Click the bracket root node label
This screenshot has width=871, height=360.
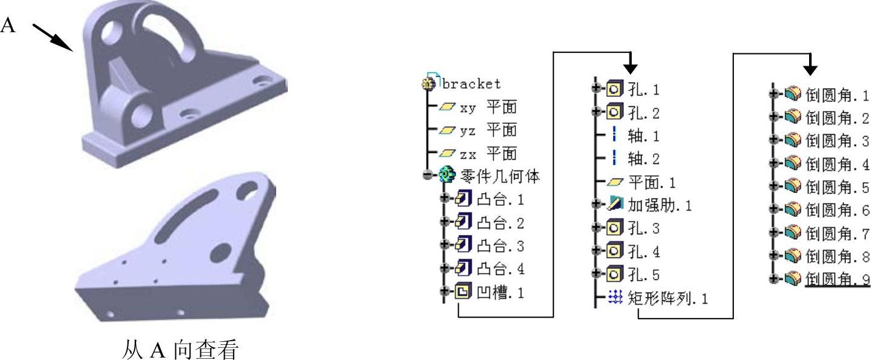[x=471, y=83]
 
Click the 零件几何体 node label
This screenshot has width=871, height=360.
[x=500, y=177]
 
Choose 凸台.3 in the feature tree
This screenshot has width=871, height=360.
[x=501, y=246]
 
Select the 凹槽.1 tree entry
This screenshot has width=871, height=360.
[x=501, y=293]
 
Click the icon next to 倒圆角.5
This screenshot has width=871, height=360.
[x=793, y=188]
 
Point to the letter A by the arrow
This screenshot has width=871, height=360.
[x=8, y=25]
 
